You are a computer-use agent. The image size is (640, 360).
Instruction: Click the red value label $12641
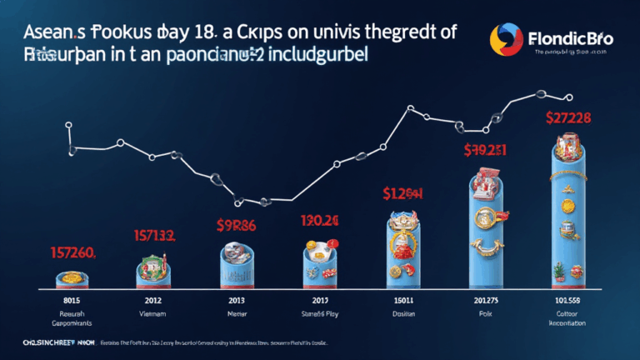pos(402,194)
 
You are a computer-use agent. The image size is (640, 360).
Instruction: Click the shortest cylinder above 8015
pos(73,280)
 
